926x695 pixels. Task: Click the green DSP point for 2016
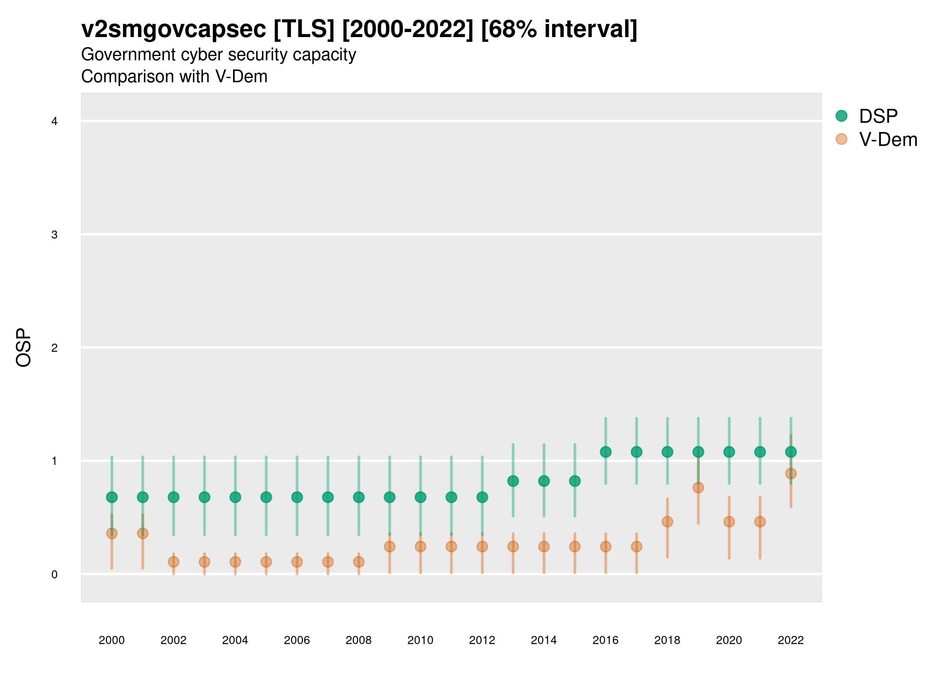(x=605, y=452)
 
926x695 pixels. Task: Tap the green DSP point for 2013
(x=513, y=481)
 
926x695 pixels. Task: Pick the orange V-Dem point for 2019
(x=698, y=488)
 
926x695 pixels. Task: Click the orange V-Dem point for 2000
(x=112, y=533)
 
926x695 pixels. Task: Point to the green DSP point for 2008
(x=359, y=497)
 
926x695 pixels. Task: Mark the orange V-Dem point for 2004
(x=235, y=562)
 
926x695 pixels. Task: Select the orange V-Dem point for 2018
(x=667, y=522)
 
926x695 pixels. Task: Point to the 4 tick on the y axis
(x=54, y=122)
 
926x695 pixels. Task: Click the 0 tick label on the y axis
(x=54, y=575)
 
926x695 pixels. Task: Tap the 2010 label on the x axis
(x=420, y=640)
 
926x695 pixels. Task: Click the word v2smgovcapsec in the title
(x=173, y=29)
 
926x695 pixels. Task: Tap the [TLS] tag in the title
(x=304, y=29)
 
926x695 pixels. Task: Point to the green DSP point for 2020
(x=729, y=452)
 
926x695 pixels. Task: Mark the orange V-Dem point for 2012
(x=482, y=547)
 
